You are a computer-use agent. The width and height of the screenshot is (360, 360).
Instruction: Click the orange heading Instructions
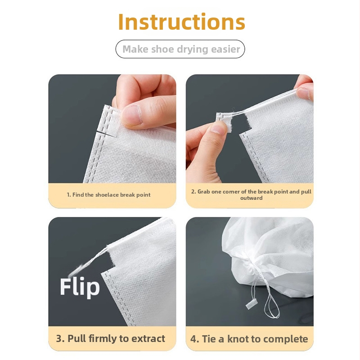[x=182, y=22]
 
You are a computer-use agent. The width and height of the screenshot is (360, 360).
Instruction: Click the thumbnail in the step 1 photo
[x=131, y=115]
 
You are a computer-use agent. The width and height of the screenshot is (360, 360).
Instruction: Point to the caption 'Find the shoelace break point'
[x=111, y=195]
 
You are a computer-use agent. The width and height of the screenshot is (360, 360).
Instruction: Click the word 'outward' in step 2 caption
[x=252, y=198]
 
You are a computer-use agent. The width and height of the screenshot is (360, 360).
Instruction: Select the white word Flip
[x=80, y=287]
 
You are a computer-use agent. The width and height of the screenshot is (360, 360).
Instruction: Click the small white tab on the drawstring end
[x=250, y=304]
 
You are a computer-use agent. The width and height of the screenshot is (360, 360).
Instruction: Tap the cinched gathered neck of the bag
[x=254, y=269]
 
